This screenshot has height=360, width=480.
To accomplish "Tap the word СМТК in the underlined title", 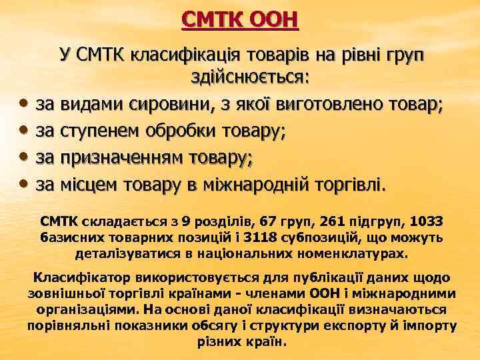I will (211, 19).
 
